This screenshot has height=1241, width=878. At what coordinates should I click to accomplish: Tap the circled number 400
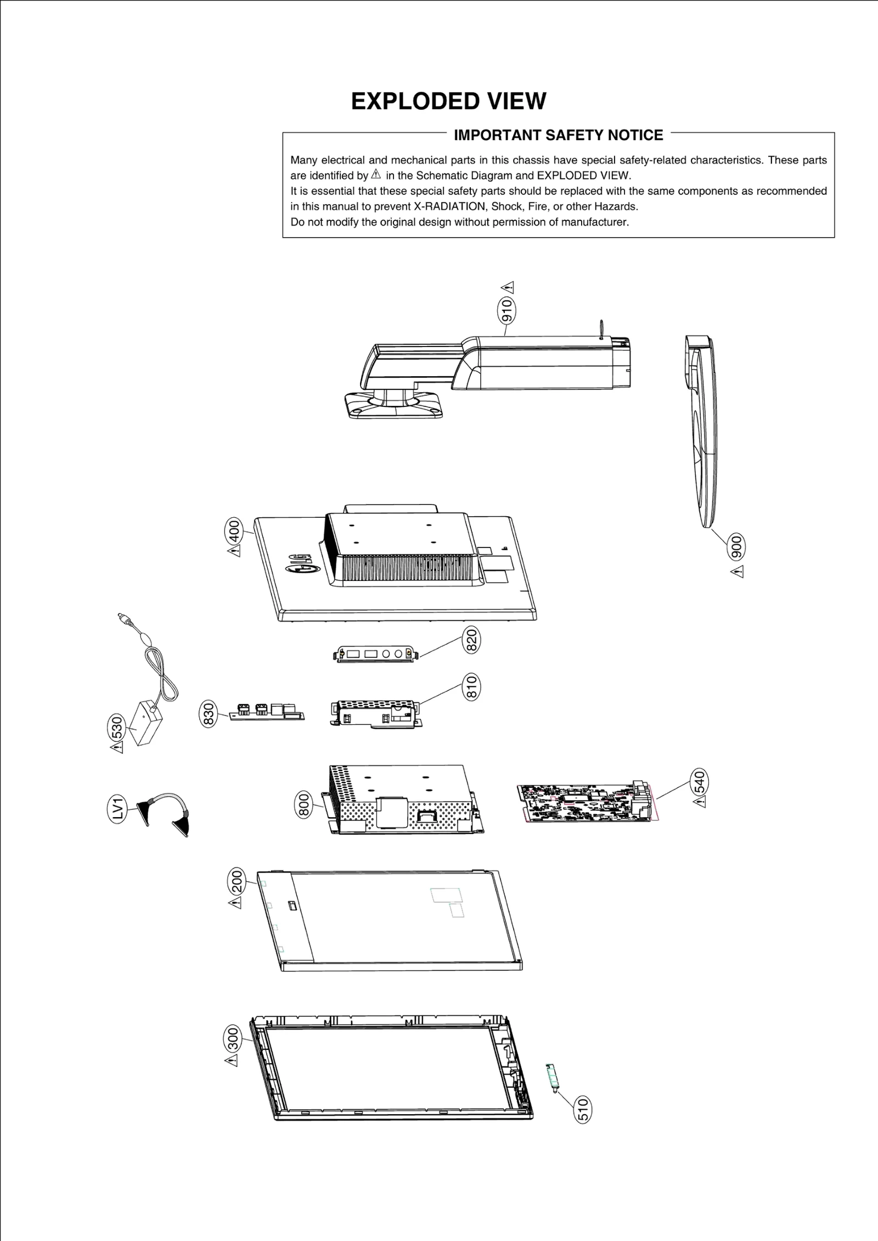[234, 530]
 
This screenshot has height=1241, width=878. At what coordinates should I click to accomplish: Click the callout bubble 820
[471, 640]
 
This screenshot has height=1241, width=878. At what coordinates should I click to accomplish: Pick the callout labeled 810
[471, 687]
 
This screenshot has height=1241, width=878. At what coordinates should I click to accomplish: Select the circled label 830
[208, 714]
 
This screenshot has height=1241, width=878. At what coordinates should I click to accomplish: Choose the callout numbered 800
[303, 805]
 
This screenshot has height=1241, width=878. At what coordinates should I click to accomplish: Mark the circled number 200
[236, 882]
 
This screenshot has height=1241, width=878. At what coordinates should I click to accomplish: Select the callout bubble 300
[233, 1039]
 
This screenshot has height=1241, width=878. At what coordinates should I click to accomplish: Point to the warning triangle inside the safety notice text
[376, 175]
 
